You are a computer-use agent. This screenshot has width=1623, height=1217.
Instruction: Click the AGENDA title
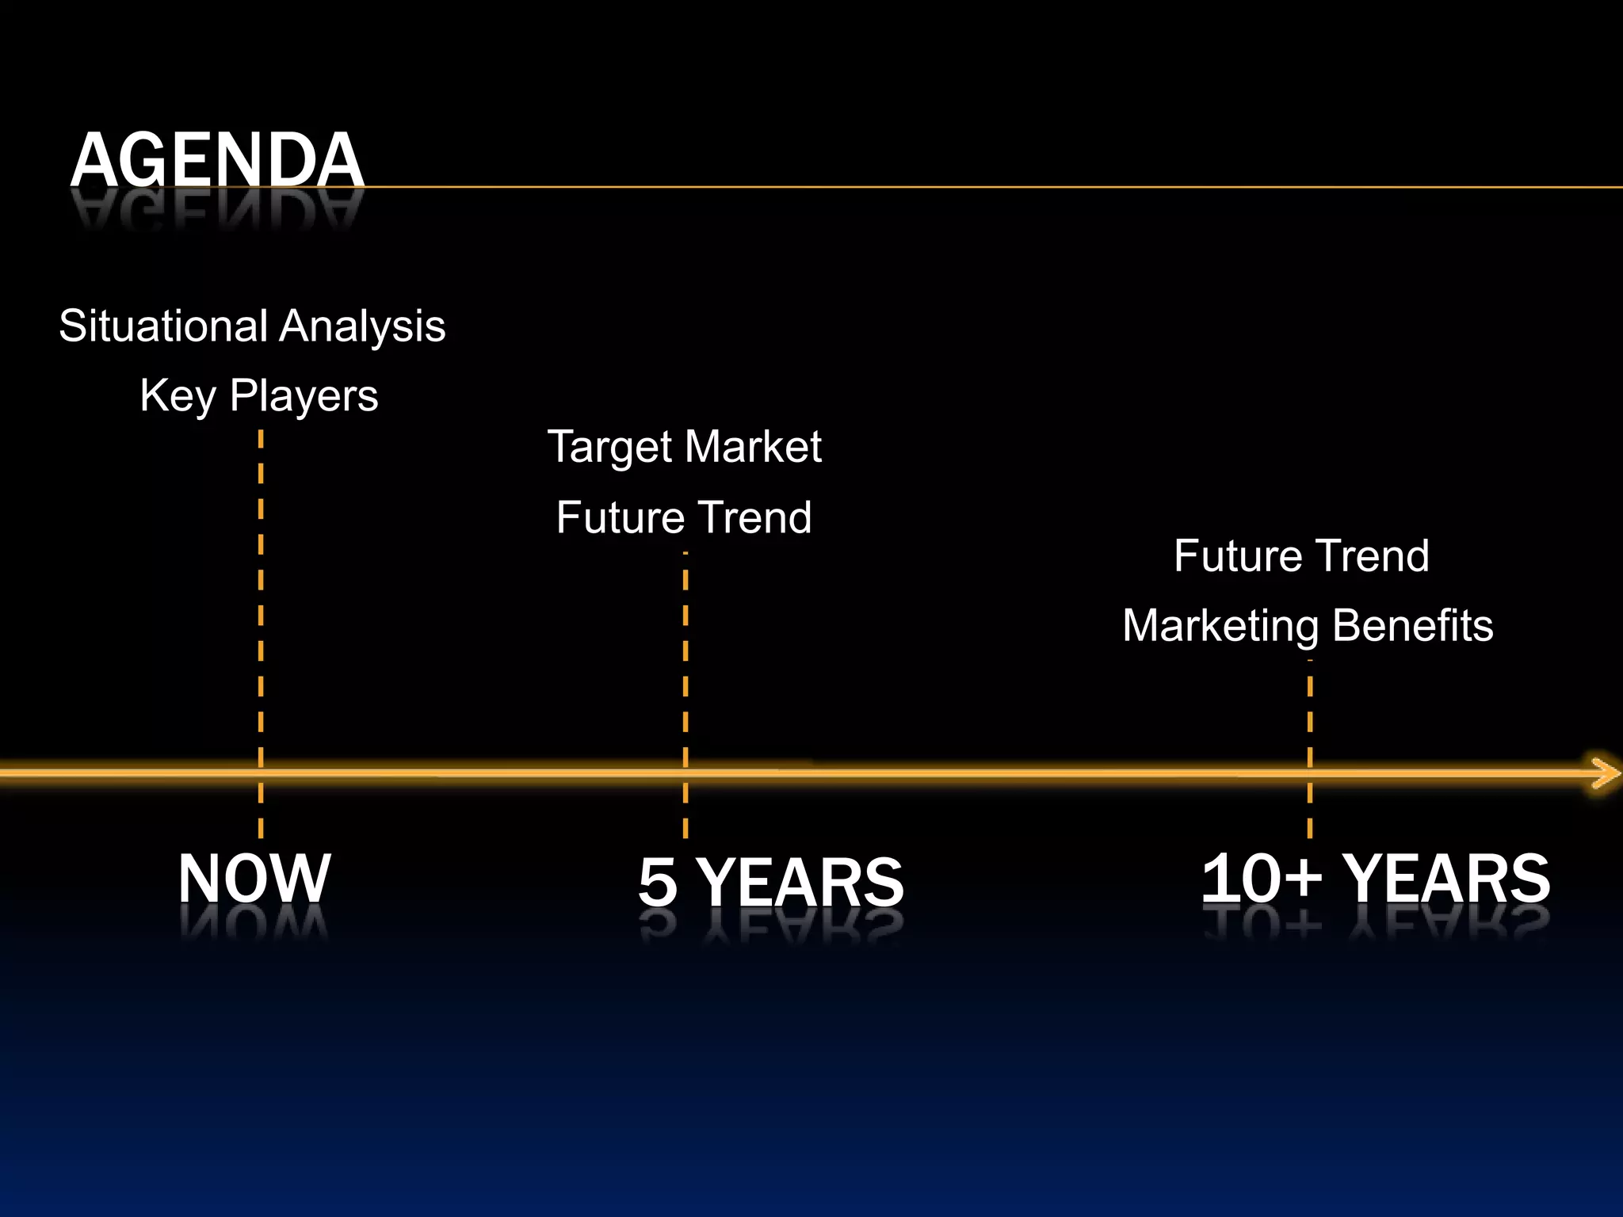216,160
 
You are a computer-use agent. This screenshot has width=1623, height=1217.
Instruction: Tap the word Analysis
363,327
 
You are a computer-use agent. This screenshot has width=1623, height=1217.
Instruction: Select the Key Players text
259,395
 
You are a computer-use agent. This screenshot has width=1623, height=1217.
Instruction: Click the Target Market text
685,447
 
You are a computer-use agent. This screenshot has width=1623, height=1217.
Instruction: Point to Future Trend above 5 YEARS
684,517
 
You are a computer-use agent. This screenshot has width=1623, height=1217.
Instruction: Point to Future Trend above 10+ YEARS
1302,555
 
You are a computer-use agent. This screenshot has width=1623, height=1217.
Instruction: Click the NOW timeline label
254,878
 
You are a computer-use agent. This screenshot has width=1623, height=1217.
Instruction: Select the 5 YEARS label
771,882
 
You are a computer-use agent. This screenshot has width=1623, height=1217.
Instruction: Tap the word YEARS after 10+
1447,878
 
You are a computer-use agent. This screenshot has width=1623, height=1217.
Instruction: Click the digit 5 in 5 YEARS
659,882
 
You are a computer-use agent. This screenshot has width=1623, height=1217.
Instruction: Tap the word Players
304,395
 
